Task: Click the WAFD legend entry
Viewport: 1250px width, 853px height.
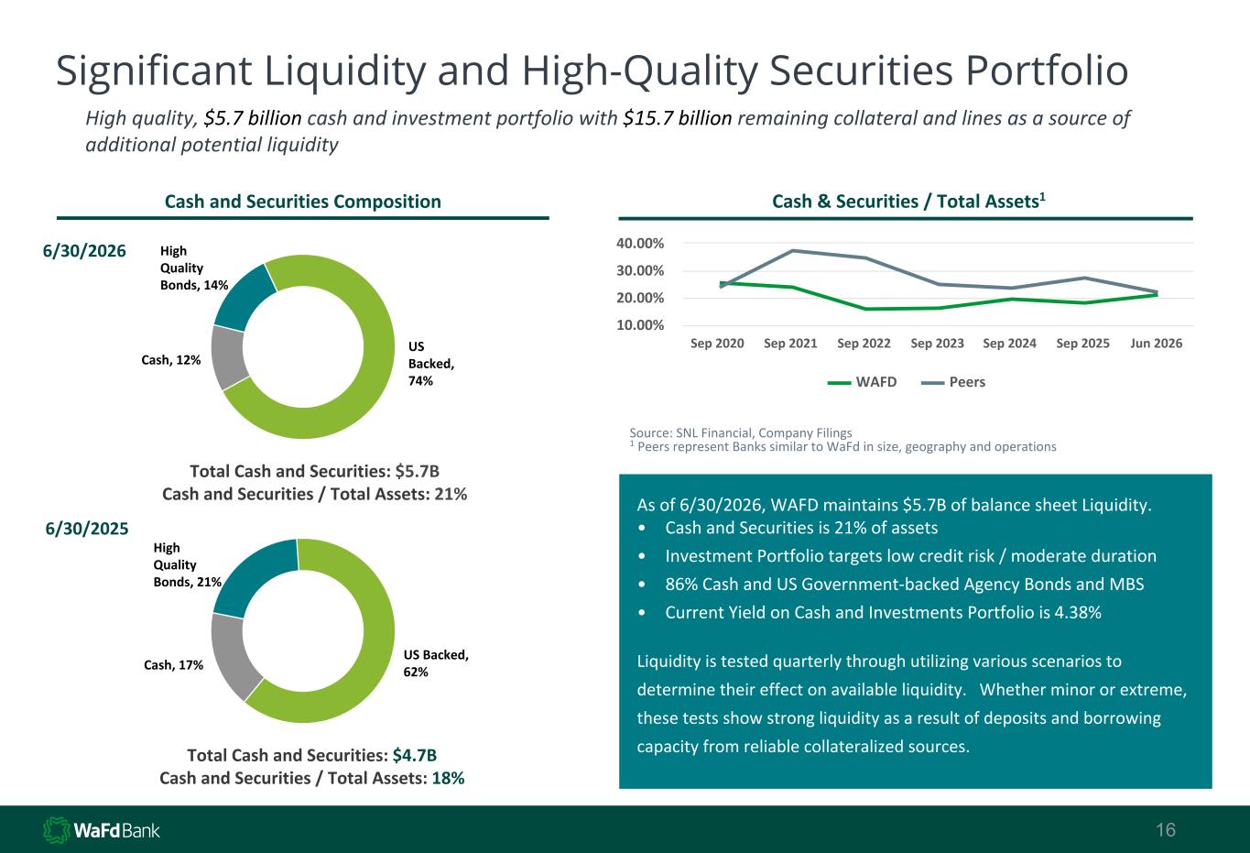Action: (862, 382)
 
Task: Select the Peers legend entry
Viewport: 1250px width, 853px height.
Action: (953, 382)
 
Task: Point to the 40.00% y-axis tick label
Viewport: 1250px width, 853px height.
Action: (640, 244)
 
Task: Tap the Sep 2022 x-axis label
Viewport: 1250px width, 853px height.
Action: (864, 343)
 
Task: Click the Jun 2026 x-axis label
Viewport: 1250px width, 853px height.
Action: (1156, 343)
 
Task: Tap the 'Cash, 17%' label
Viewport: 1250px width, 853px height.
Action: (174, 665)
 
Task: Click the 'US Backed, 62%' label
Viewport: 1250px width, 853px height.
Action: (436, 663)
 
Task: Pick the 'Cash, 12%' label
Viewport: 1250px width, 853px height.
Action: (170, 360)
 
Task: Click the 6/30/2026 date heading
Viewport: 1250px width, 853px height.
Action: (84, 251)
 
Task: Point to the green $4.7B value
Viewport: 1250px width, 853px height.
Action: (415, 755)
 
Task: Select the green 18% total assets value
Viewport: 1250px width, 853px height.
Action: (448, 778)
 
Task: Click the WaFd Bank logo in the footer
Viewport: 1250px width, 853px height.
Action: (102, 830)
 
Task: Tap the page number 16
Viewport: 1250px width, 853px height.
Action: (1166, 830)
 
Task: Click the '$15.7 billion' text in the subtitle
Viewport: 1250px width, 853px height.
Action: (677, 118)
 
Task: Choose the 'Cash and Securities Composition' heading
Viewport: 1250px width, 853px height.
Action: (302, 202)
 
